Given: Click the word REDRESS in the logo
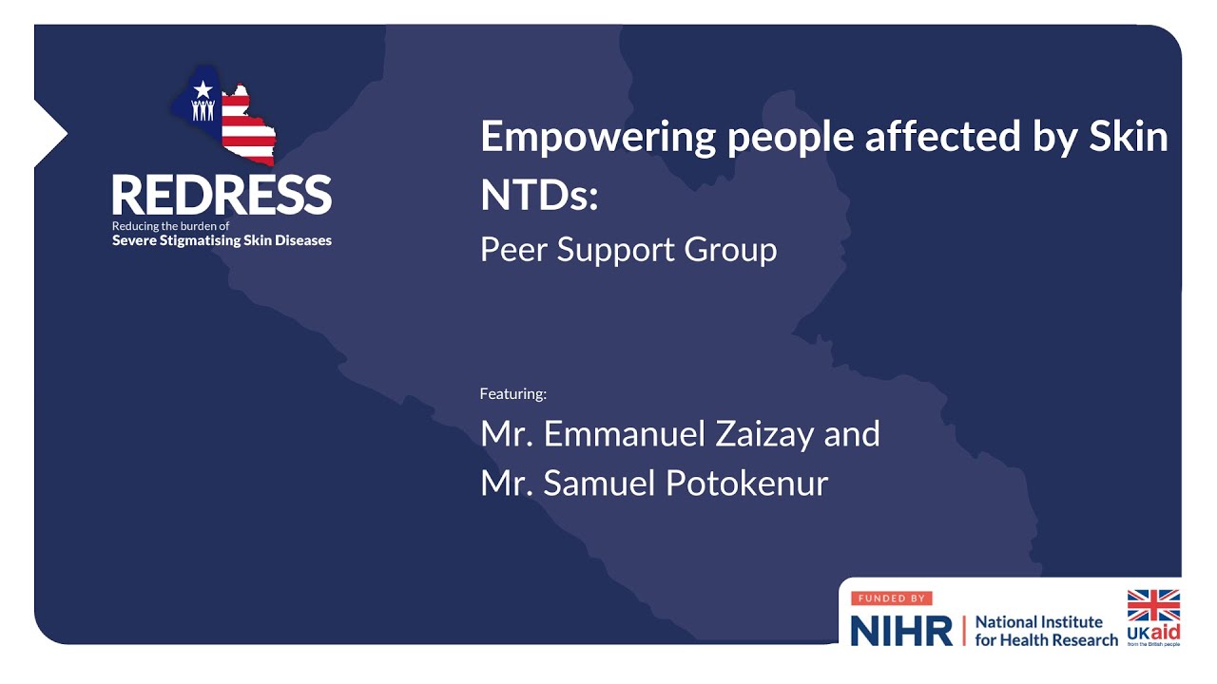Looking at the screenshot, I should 222,195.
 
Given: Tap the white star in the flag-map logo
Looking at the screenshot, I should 202,89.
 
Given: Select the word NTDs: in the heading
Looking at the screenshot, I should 539,194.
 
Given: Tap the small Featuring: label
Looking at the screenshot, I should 513,393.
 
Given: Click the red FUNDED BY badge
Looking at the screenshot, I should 891,599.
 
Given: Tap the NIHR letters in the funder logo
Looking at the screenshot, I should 900,631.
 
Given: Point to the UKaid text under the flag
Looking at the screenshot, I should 1153,632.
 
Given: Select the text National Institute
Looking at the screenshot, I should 1039,622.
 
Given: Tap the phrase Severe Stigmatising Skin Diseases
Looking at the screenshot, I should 222,240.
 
